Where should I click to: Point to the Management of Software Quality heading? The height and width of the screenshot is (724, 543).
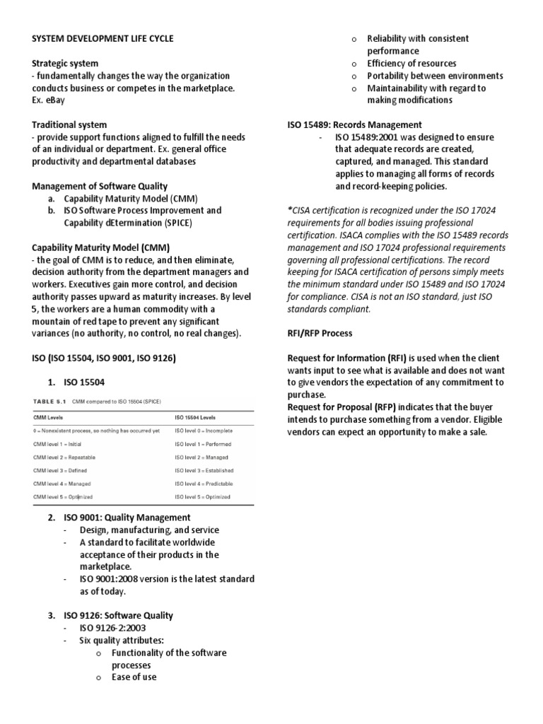pos(100,186)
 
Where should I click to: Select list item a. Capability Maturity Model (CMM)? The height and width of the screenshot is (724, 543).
pos(124,199)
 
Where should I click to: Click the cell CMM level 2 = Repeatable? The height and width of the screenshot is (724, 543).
pos(64,457)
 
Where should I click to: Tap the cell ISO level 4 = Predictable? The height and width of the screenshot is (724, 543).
pos(204,484)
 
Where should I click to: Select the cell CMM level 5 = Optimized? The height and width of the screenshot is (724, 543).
pos(63,497)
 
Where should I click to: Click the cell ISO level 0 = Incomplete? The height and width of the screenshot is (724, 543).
pos(204,431)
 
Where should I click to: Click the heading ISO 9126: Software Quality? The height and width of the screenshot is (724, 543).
pos(119,616)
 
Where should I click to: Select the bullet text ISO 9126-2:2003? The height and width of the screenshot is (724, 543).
pos(113,628)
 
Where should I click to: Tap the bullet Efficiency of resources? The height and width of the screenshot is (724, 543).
pos(411,63)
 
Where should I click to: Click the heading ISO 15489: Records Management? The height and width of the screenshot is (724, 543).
pos(354,124)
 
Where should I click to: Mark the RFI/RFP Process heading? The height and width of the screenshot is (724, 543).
pos(320,333)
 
